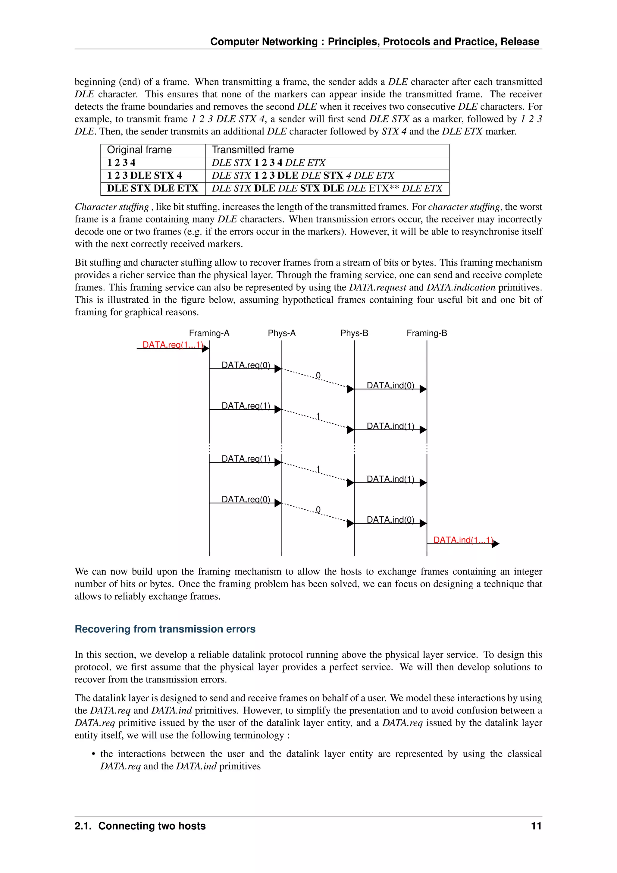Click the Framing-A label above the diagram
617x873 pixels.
[x=209, y=333]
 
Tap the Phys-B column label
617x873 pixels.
[x=354, y=333]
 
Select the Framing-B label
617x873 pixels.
[x=427, y=333]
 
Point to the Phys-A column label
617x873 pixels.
[x=281, y=333]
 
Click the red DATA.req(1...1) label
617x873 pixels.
[x=173, y=345]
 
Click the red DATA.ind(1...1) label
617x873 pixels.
[x=463, y=540]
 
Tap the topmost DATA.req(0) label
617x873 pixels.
[x=246, y=365]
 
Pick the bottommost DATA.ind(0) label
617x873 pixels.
[x=390, y=520]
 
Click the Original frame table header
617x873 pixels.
[x=139, y=150]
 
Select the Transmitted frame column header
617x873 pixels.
[x=253, y=150]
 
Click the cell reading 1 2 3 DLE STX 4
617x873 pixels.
[x=144, y=175]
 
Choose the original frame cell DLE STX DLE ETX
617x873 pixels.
[x=152, y=188]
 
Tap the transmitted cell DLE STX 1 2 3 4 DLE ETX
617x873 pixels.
[x=268, y=163]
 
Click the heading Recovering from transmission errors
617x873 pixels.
[x=165, y=629]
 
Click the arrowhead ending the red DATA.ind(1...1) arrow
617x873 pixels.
[x=496, y=544]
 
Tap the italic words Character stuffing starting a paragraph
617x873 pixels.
[x=112, y=207]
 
